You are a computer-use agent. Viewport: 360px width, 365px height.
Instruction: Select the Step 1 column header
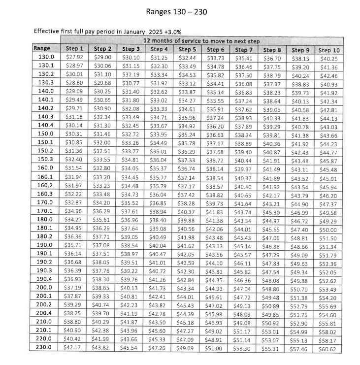pyautogui.click(x=74, y=49)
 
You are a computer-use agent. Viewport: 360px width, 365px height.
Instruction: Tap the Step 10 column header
pyautogui.click(x=328, y=50)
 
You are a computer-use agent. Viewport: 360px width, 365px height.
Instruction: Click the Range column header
pyautogui.click(x=42, y=48)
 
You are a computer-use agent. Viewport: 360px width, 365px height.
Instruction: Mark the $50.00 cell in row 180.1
pyautogui.click(x=328, y=229)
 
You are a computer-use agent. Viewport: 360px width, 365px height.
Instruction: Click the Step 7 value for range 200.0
pyautogui.click(x=243, y=288)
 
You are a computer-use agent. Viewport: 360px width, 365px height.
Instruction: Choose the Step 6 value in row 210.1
pyautogui.click(x=215, y=332)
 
